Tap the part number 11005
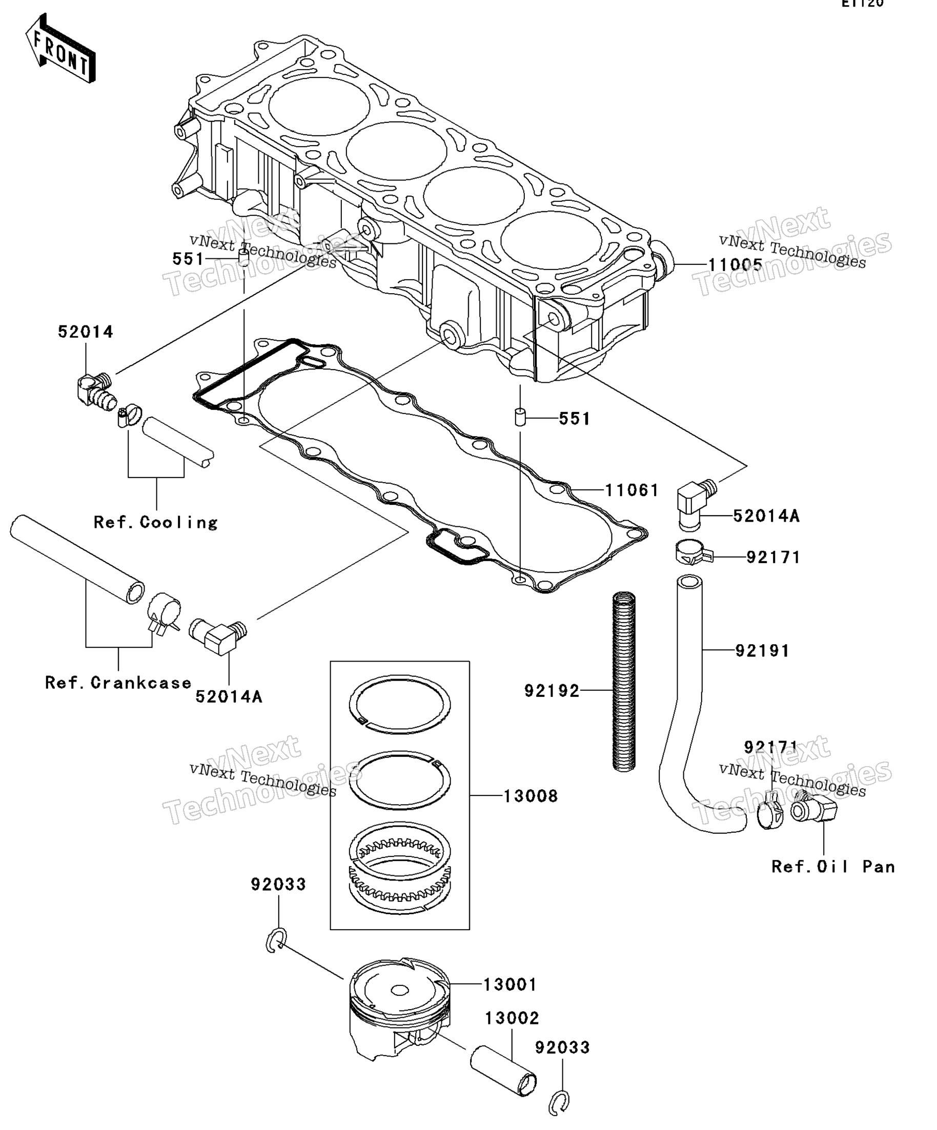[735, 265]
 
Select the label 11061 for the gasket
[632, 490]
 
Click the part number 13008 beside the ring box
[530, 796]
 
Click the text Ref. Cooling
[155, 522]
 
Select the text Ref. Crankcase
[118, 683]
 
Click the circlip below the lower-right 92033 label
[560, 1102]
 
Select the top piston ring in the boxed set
[400, 704]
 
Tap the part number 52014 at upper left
[86, 332]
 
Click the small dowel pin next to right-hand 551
[520, 417]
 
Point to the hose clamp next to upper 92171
[692, 552]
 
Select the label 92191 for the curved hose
[762, 650]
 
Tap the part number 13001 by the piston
[510, 985]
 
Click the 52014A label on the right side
[766, 516]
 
